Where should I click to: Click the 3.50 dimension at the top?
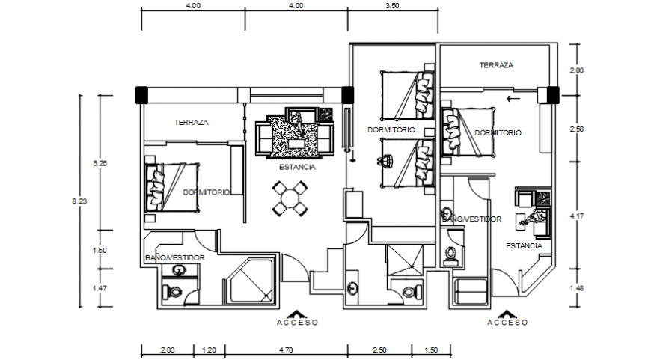coord(391,5)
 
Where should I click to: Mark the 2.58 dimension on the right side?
coord(576,129)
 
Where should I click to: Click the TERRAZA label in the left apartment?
coord(191,122)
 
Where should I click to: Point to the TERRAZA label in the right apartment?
coord(496,65)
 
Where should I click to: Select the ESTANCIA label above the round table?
coord(297,168)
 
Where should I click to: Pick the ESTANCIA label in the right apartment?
coord(524,245)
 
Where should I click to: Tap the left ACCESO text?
coord(297,323)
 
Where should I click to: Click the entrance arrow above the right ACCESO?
coord(507,312)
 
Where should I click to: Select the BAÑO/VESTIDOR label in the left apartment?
coord(174,258)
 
